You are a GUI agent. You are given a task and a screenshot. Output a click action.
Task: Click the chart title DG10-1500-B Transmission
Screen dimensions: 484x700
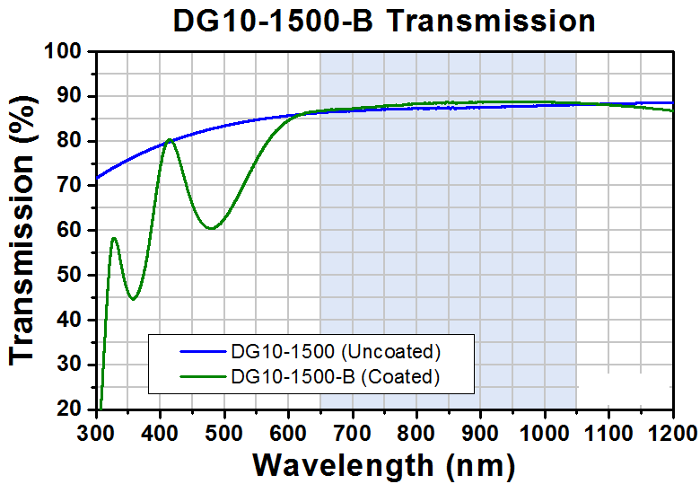point(383,21)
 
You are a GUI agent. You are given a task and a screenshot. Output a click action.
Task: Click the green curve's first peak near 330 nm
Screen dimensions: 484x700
point(114,239)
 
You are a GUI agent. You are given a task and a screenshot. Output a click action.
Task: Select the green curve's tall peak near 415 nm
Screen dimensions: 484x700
point(169,140)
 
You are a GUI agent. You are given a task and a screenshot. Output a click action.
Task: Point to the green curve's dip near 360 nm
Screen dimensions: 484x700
point(133,299)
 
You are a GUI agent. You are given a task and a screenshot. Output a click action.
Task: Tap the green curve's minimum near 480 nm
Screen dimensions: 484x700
point(210,228)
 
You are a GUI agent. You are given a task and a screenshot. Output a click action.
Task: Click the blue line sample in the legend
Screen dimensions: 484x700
point(204,350)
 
